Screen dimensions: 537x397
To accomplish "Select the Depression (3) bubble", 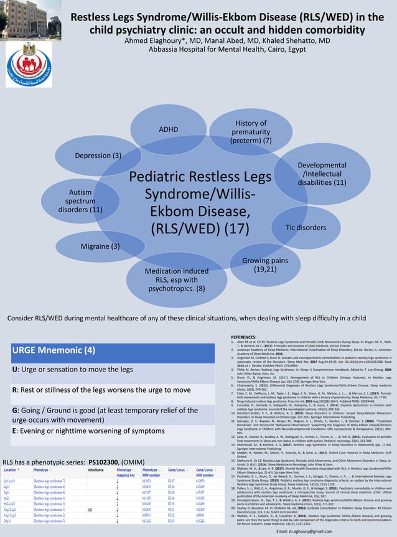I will pos(98,155).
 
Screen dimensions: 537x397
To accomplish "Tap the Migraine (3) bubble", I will pos(100,246).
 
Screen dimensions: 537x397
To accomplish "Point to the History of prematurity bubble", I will pos(250,132).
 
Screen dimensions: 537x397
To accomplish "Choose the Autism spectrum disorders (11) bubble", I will pos(80,201).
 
